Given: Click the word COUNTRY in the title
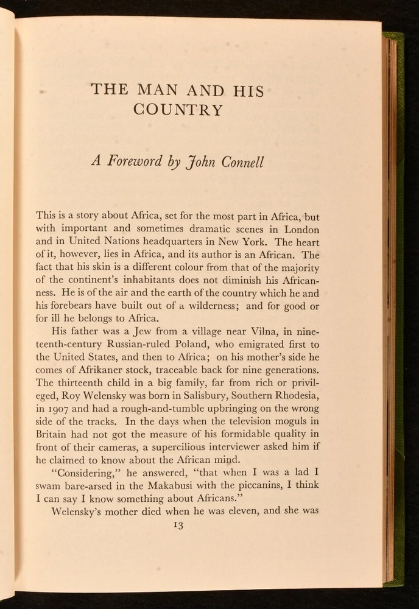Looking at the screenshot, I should click(178, 111).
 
